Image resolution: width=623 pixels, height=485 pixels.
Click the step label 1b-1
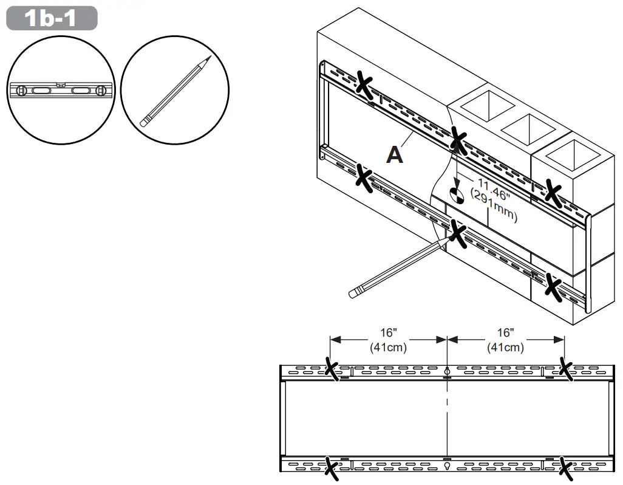tap(52, 18)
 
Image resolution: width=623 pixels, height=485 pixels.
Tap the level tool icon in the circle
tap(61, 91)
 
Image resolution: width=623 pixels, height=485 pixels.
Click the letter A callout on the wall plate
tap(395, 155)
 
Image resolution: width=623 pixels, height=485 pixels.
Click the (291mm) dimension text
tap(494, 207)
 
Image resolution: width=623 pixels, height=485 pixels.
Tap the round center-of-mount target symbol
tap(457, 195)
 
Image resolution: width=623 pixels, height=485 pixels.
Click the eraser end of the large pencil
tap(353, 293)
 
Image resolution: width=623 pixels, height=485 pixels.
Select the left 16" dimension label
tap(389, 333)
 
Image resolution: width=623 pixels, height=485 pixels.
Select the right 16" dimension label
tap(505, 333)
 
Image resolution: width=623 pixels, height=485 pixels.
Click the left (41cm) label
tap(389, 347)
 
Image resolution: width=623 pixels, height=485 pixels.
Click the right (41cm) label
tap(505, 347)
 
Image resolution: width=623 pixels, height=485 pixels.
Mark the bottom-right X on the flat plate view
tap(566, 469)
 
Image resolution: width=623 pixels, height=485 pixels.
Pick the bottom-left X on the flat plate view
tap(332, 469)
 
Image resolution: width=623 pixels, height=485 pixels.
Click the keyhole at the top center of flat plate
tap(448, 370)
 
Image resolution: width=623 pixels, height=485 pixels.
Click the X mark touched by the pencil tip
tap(458, 233)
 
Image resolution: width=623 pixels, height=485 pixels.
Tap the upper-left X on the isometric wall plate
tap(364, 84)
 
